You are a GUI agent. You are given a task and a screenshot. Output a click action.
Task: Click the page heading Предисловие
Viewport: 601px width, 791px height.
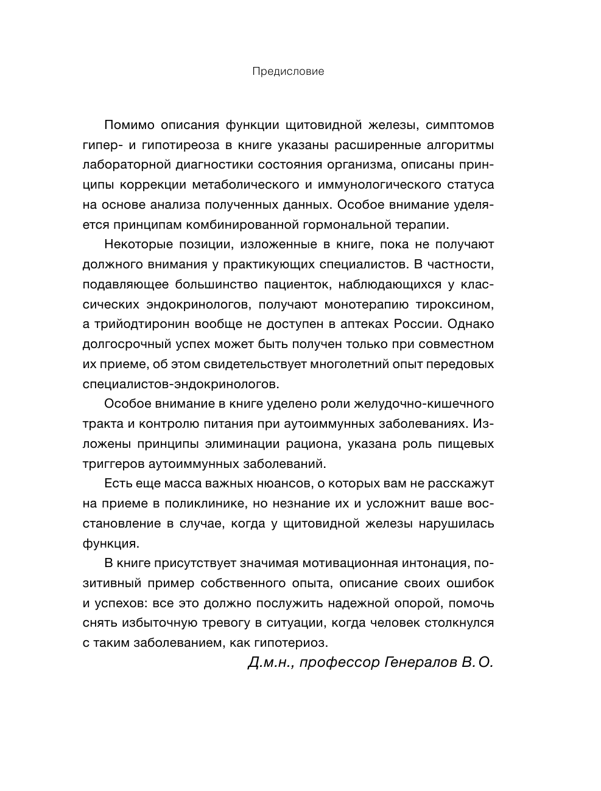pyautogui.click(x=288, y=71)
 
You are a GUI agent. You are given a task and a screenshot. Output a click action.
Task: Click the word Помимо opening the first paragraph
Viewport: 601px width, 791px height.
pyautogui.click(x=128, y=125)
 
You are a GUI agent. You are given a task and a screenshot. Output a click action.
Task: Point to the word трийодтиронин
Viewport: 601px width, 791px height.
pyautogui.click(x=139, y=324)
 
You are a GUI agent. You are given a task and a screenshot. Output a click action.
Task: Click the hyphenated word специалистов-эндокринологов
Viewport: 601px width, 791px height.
pyautogui.click(x=180, y=384)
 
